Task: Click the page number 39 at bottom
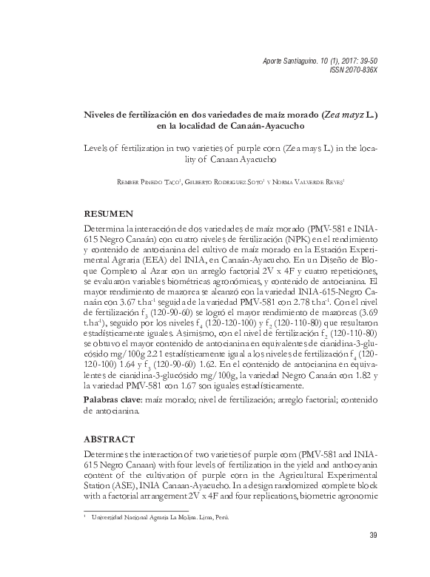tap(372, 536)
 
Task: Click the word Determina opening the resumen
tap(107, 229)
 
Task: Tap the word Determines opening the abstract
tap(110, 453)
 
